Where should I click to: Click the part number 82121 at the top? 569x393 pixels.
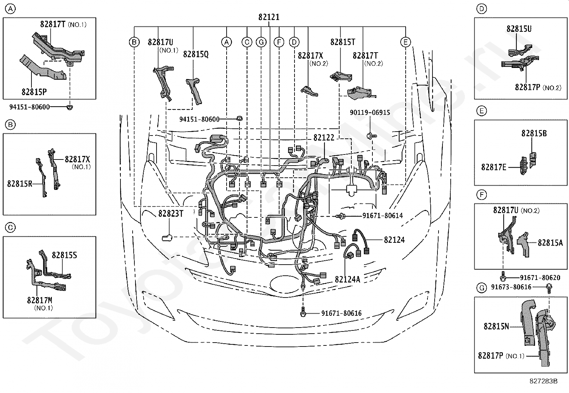[x=269, y=17]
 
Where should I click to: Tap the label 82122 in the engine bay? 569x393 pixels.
[x=324, y=138]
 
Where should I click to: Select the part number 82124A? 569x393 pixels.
[x=347, y=280]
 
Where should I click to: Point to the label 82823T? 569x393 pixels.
[x=171, y=214]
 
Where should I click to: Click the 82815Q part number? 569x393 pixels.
[x=196, y=54]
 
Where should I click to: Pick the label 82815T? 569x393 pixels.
[x=343, y=42]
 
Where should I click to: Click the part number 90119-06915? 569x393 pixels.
[x=370, y=112]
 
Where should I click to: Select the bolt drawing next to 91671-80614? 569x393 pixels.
[x=341, y=216]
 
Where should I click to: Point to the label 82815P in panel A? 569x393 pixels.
[x=34, y=92]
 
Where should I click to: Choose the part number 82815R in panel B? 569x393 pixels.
[x=20, y=183]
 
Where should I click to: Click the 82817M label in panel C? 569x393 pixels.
[x=39, y=300]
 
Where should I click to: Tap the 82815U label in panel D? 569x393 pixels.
[x=519, y=29]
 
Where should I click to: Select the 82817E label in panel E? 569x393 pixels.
[x=494, y=167]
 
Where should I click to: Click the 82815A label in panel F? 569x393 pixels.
[x=550, y=243]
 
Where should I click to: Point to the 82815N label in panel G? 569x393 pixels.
[x=496, y=326]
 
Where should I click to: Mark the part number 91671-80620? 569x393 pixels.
[x=540, y=277]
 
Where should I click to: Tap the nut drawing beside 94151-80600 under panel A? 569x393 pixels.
[x=69, y=107]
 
